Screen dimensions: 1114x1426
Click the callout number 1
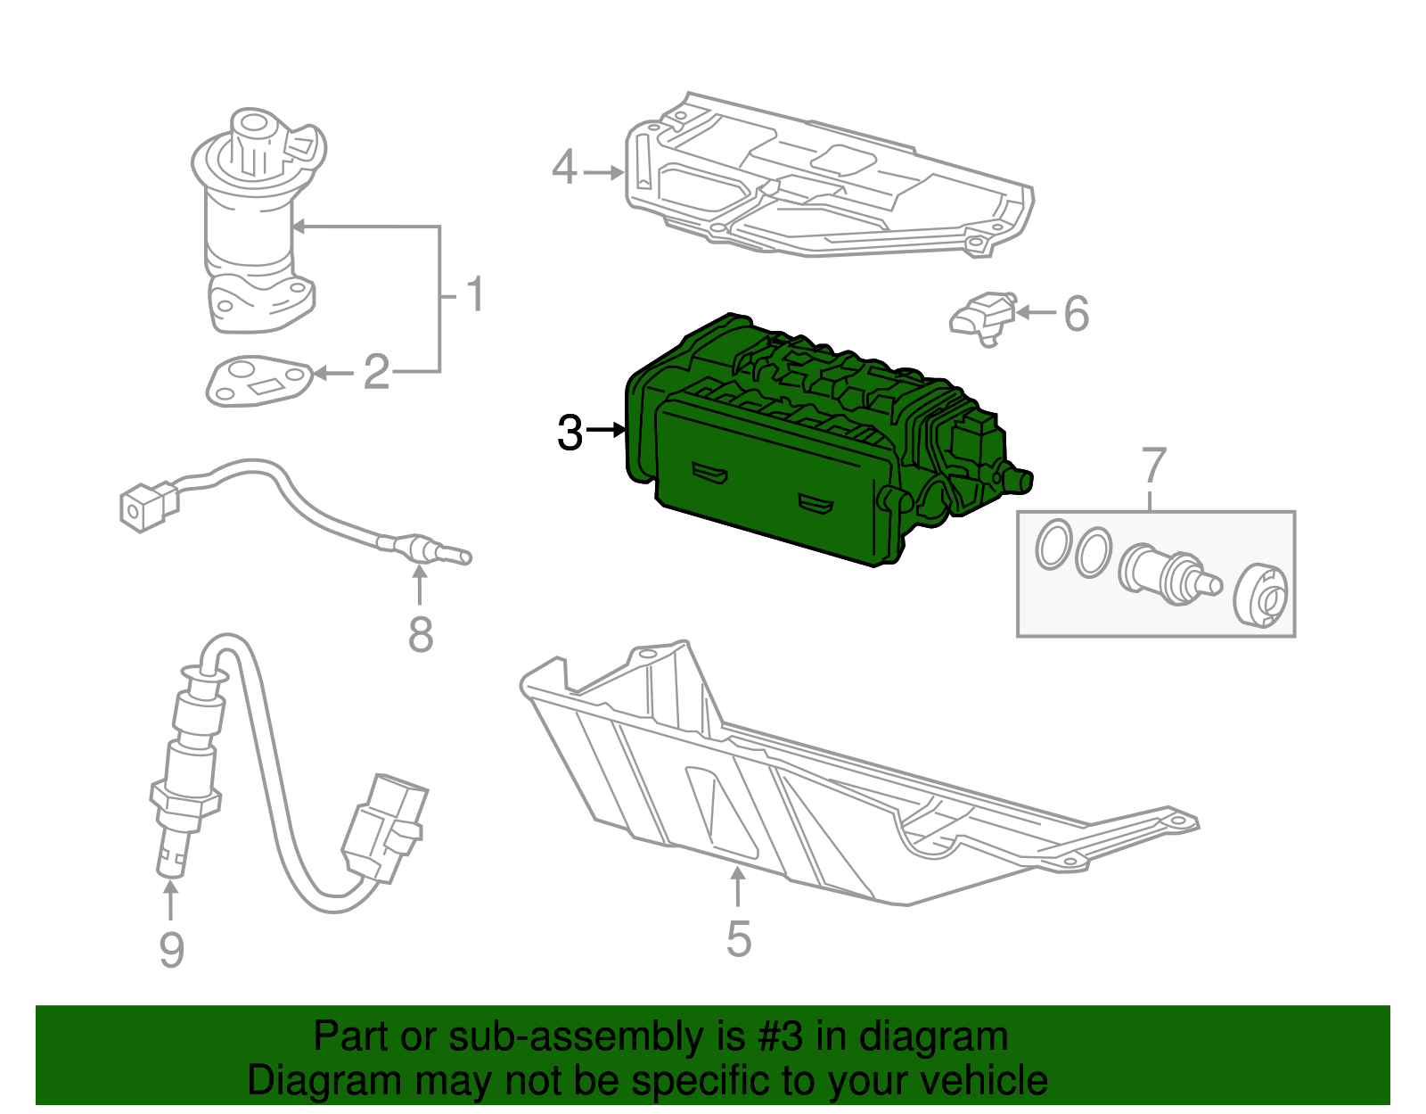coord(476,293)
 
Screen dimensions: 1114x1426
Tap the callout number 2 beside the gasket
coord(376,371)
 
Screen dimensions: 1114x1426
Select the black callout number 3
coord(570,433)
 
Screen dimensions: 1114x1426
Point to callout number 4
coord(564,168)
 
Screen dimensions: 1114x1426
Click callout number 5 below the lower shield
coord(739,938)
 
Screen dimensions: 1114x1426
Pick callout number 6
coord(1077,313)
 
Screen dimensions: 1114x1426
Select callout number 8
coord(421,634)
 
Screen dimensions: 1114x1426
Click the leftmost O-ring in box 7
coord(1053,543)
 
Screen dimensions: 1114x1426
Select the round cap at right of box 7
coord(1262,596)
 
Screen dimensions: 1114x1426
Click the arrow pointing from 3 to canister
coord(608,431)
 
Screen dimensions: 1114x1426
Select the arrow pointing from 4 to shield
coord(603,171)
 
